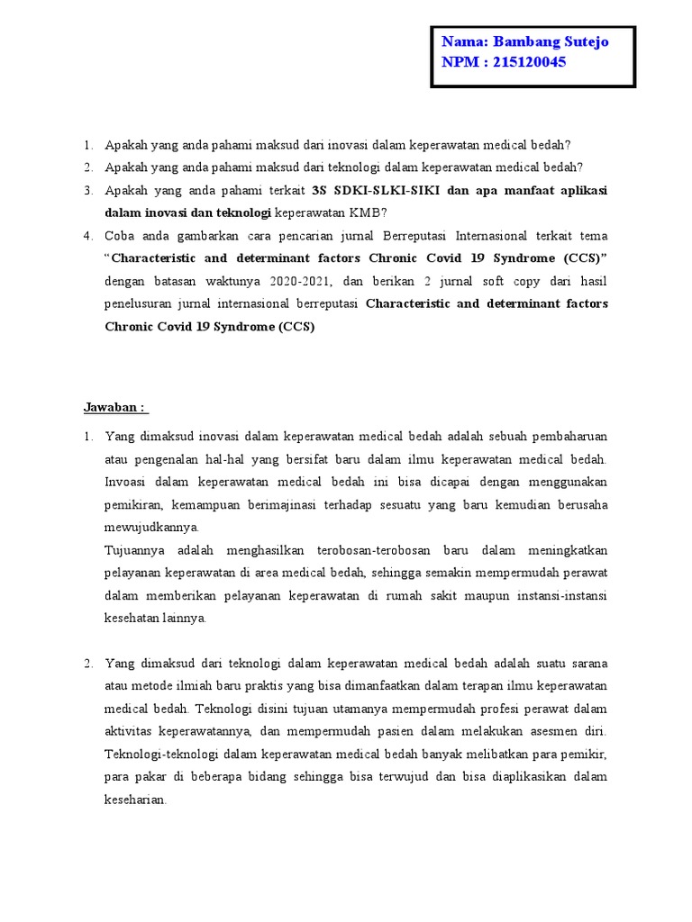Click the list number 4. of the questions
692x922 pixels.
[88, 236]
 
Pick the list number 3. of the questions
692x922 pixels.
[88, 191]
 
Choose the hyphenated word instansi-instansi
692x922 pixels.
[558, 595]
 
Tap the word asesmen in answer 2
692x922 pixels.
[540, 731]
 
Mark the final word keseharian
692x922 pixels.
[136, 799]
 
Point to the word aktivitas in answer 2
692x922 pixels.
[131, 731]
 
